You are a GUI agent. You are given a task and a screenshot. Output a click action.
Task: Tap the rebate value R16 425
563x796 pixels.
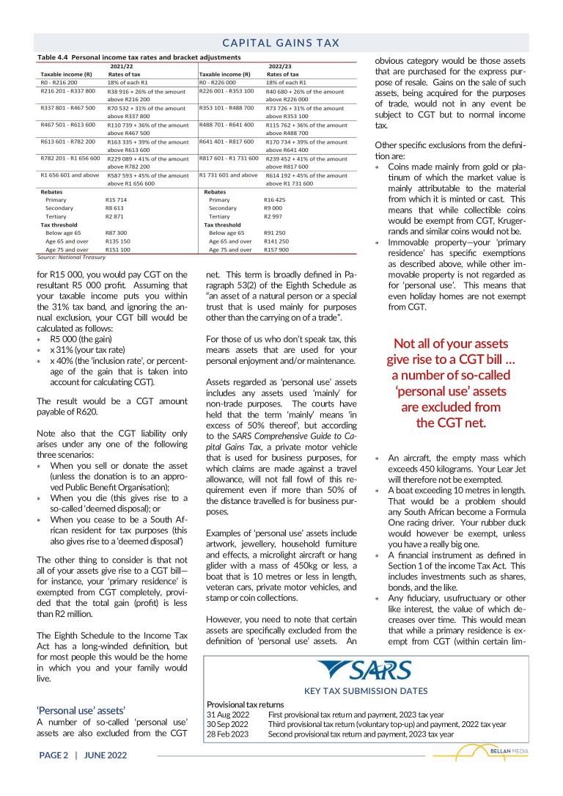(x=276, y=200)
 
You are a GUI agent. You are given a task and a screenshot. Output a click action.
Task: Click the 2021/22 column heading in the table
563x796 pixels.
(x=120, y=65)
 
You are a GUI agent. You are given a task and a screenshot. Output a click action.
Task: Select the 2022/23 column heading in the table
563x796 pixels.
(x=280, y=65)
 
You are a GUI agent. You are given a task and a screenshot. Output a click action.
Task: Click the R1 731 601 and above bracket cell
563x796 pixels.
(x=228, y=175)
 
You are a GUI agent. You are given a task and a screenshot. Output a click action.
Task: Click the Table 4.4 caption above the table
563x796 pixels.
(x=139, y=56)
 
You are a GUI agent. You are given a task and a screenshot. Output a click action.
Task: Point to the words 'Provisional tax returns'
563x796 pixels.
(x=246, y=704)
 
